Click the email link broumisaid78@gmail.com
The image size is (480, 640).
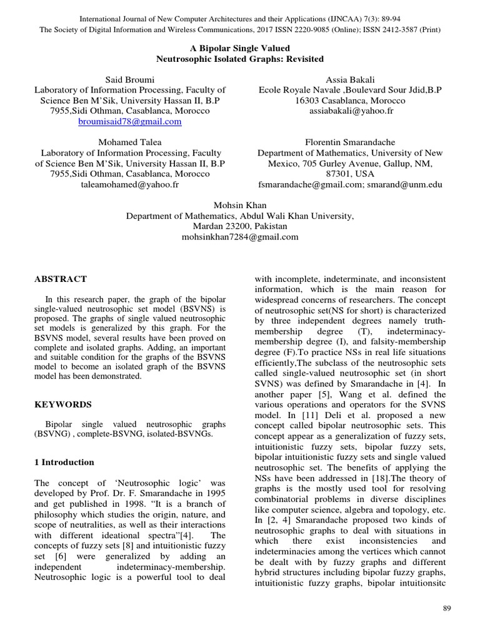click(130, 122)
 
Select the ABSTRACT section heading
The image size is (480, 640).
click(61, 279)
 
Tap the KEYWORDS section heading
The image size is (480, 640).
click(63, 404)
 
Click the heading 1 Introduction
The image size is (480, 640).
click(64, 462)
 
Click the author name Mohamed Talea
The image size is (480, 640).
click(130, 142)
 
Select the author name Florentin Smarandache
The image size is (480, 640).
click(350, 142)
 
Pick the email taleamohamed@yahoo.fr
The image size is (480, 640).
click(130, 184)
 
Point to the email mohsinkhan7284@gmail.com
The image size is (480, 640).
click(240, 237)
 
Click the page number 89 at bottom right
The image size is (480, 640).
click(446, 608)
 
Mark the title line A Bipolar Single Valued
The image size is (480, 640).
click(240, 48)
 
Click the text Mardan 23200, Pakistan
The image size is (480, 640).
click(240, 227)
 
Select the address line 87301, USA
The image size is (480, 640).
click(350, 174)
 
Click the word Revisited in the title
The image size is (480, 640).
click(304, 59)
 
